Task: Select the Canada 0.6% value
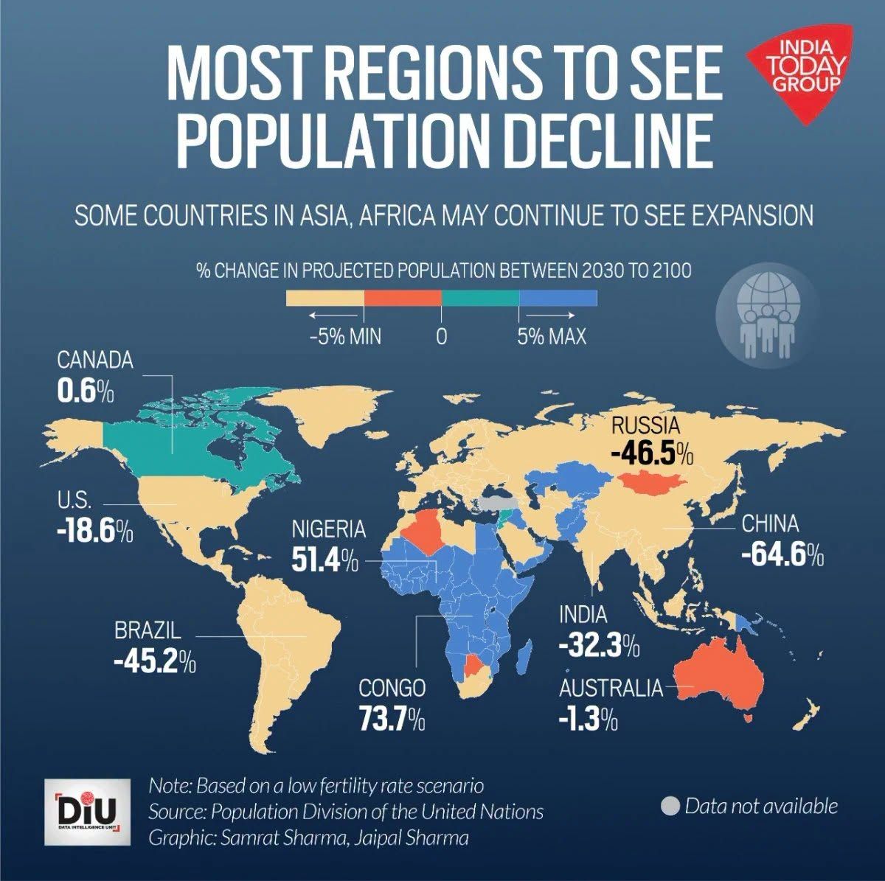[86, 391]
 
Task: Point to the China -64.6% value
[782, 555]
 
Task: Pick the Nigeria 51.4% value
[325, 560]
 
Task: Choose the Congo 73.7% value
[392, 718]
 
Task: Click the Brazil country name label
[148, 631]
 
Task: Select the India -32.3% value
[600, 646]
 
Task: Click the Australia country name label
[611, 688]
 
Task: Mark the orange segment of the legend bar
[403, 298]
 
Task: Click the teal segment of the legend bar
[480, 298]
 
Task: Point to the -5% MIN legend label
[345, 337]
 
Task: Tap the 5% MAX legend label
[552, 337]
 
